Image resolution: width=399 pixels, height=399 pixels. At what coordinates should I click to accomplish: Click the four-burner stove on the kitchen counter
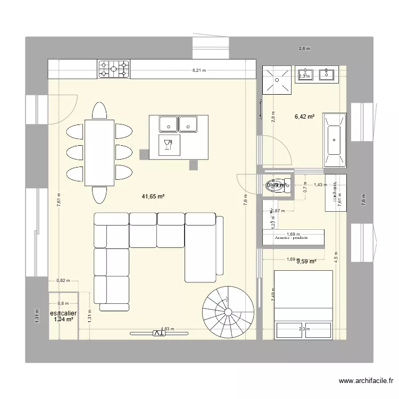[113, 68]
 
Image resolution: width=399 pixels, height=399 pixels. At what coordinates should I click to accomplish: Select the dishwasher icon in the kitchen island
[170, 144]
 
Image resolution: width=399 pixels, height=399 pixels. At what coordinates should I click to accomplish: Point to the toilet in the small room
[275, 186]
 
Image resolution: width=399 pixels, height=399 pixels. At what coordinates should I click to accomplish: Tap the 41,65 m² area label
[153, 196]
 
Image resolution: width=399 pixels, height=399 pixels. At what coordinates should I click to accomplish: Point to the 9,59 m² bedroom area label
[306, 261]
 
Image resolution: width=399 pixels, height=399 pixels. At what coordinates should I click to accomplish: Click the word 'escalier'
[63, 313]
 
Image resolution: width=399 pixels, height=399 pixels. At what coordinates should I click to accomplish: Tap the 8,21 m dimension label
[199, 70]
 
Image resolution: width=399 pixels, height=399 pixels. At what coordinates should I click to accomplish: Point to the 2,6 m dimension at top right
[304, 48]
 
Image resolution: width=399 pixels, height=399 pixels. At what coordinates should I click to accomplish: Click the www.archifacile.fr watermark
[365, 381]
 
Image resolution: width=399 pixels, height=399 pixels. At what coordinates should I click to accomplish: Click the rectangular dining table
[99, 153]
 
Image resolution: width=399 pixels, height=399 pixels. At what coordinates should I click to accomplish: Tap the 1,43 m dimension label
[320, 185]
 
